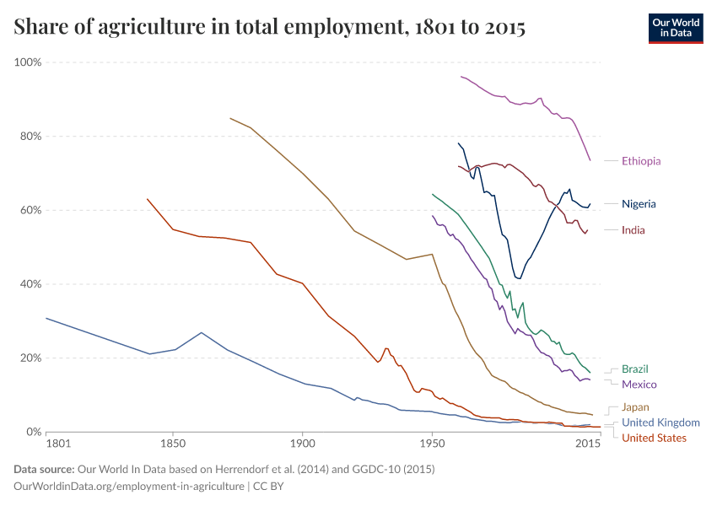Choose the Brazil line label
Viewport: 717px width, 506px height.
[635, 369]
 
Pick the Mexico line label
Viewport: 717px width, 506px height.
[639, 385]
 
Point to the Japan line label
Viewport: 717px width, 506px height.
[635, 407]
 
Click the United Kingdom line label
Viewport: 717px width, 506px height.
[660, 423]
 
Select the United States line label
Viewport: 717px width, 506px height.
[654, 438]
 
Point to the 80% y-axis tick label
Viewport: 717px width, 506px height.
[30, 137]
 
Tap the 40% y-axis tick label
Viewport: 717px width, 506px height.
[30, 284]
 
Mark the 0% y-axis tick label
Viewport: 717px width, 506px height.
[34, 432]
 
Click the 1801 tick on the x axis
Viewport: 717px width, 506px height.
[58, 443]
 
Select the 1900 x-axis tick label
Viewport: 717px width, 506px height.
[302, 443]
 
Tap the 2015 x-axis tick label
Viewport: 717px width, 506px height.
[587, 443]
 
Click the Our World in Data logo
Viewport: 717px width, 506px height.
[675, 28]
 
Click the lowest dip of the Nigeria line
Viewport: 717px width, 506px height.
[520, 278]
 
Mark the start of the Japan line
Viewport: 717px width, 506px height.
[230, 118]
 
